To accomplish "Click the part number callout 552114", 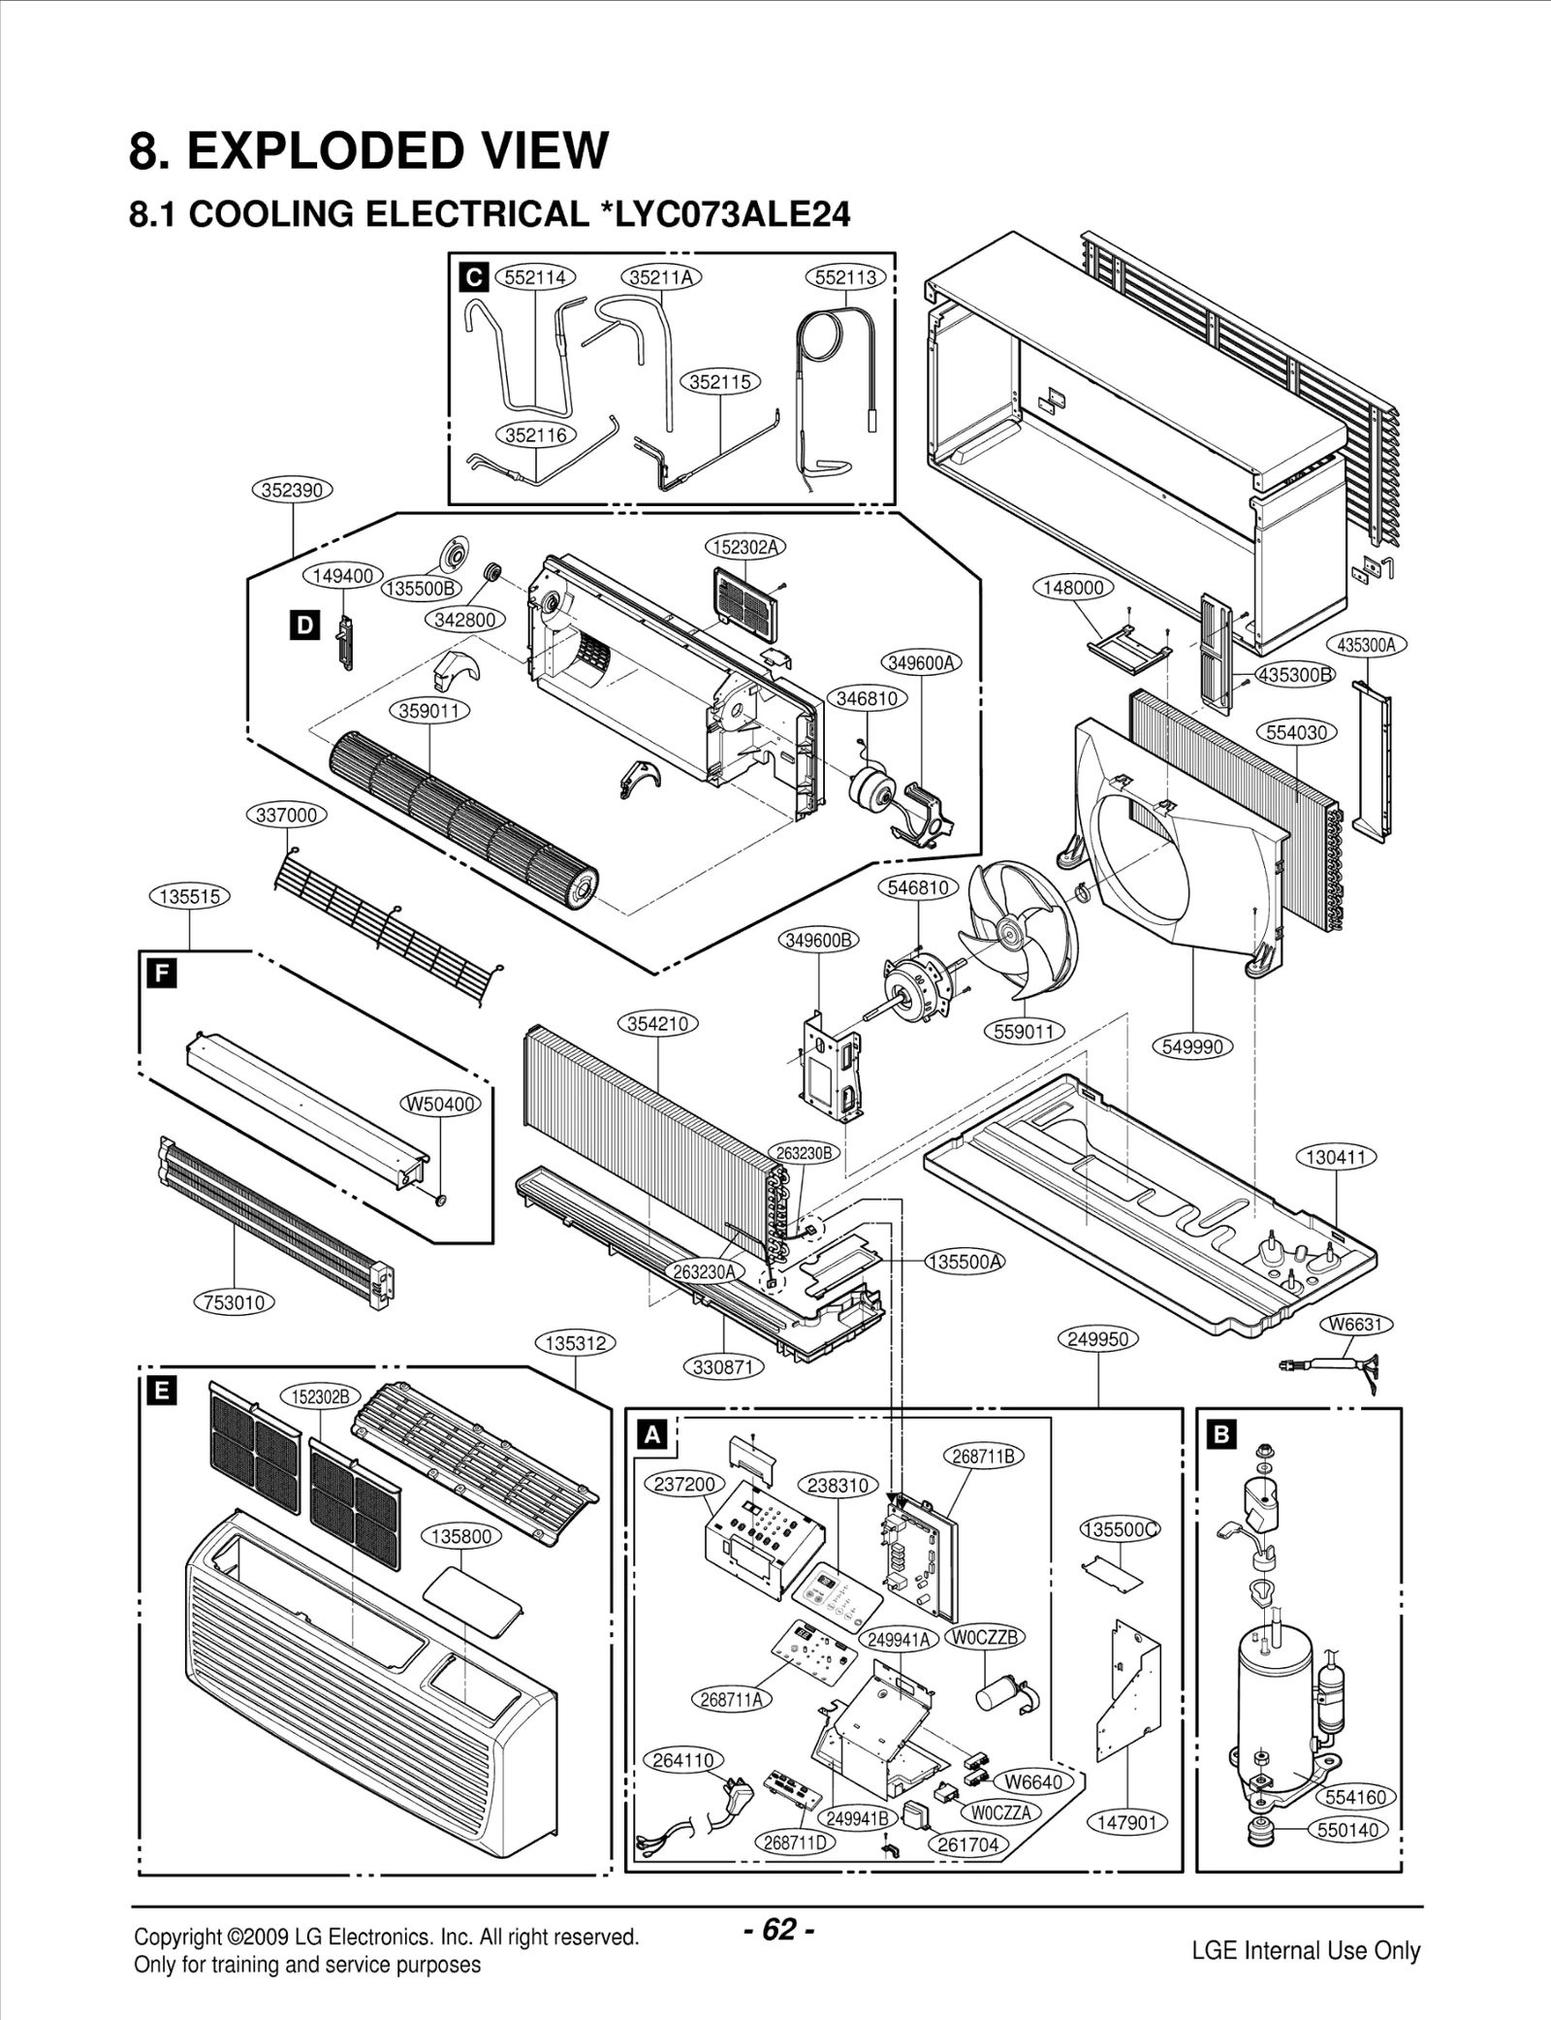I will click(535, 277).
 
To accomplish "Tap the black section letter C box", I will click(473, 278).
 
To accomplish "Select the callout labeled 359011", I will click(429, 711).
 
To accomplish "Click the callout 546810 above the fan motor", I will click(918, 887).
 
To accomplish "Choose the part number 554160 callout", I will click(1355, 1797).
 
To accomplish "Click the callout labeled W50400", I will click(441, 1104).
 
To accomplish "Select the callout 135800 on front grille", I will click(461, 1536).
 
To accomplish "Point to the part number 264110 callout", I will click(683, 1760).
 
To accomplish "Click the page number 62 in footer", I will click(778, 1930).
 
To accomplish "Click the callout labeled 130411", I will click(1337, 1157).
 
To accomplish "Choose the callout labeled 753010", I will click(236, 1302).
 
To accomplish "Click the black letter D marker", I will click(304, 625).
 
